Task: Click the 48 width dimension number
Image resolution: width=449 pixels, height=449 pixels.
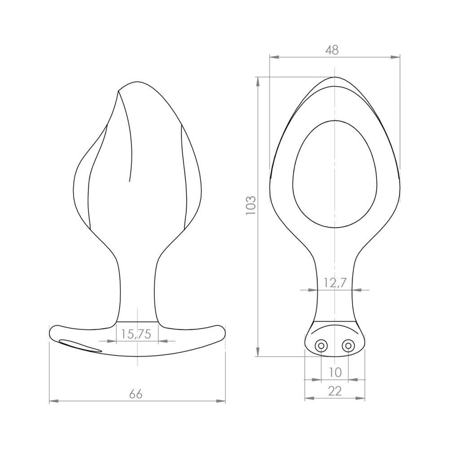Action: [x=332, y=50]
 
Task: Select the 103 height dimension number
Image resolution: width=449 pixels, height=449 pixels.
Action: [x=250, y=206]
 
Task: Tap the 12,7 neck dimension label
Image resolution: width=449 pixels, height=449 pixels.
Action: [x=335, y=283]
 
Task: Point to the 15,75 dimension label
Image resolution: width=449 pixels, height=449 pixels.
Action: [x=136, y=334]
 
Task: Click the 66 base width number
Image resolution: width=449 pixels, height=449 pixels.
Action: [x=136, y=394]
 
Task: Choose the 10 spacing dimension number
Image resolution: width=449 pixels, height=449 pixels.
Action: [x=335, y=372]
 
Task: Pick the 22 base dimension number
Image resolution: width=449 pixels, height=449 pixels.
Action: [x=335, y=391]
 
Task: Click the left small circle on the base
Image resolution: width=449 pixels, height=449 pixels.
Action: [x=321, y=346]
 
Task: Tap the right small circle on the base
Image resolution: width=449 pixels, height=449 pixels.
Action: [x=348, y=346]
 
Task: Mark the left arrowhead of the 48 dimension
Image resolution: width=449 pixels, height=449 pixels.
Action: [x=274, y=57]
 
